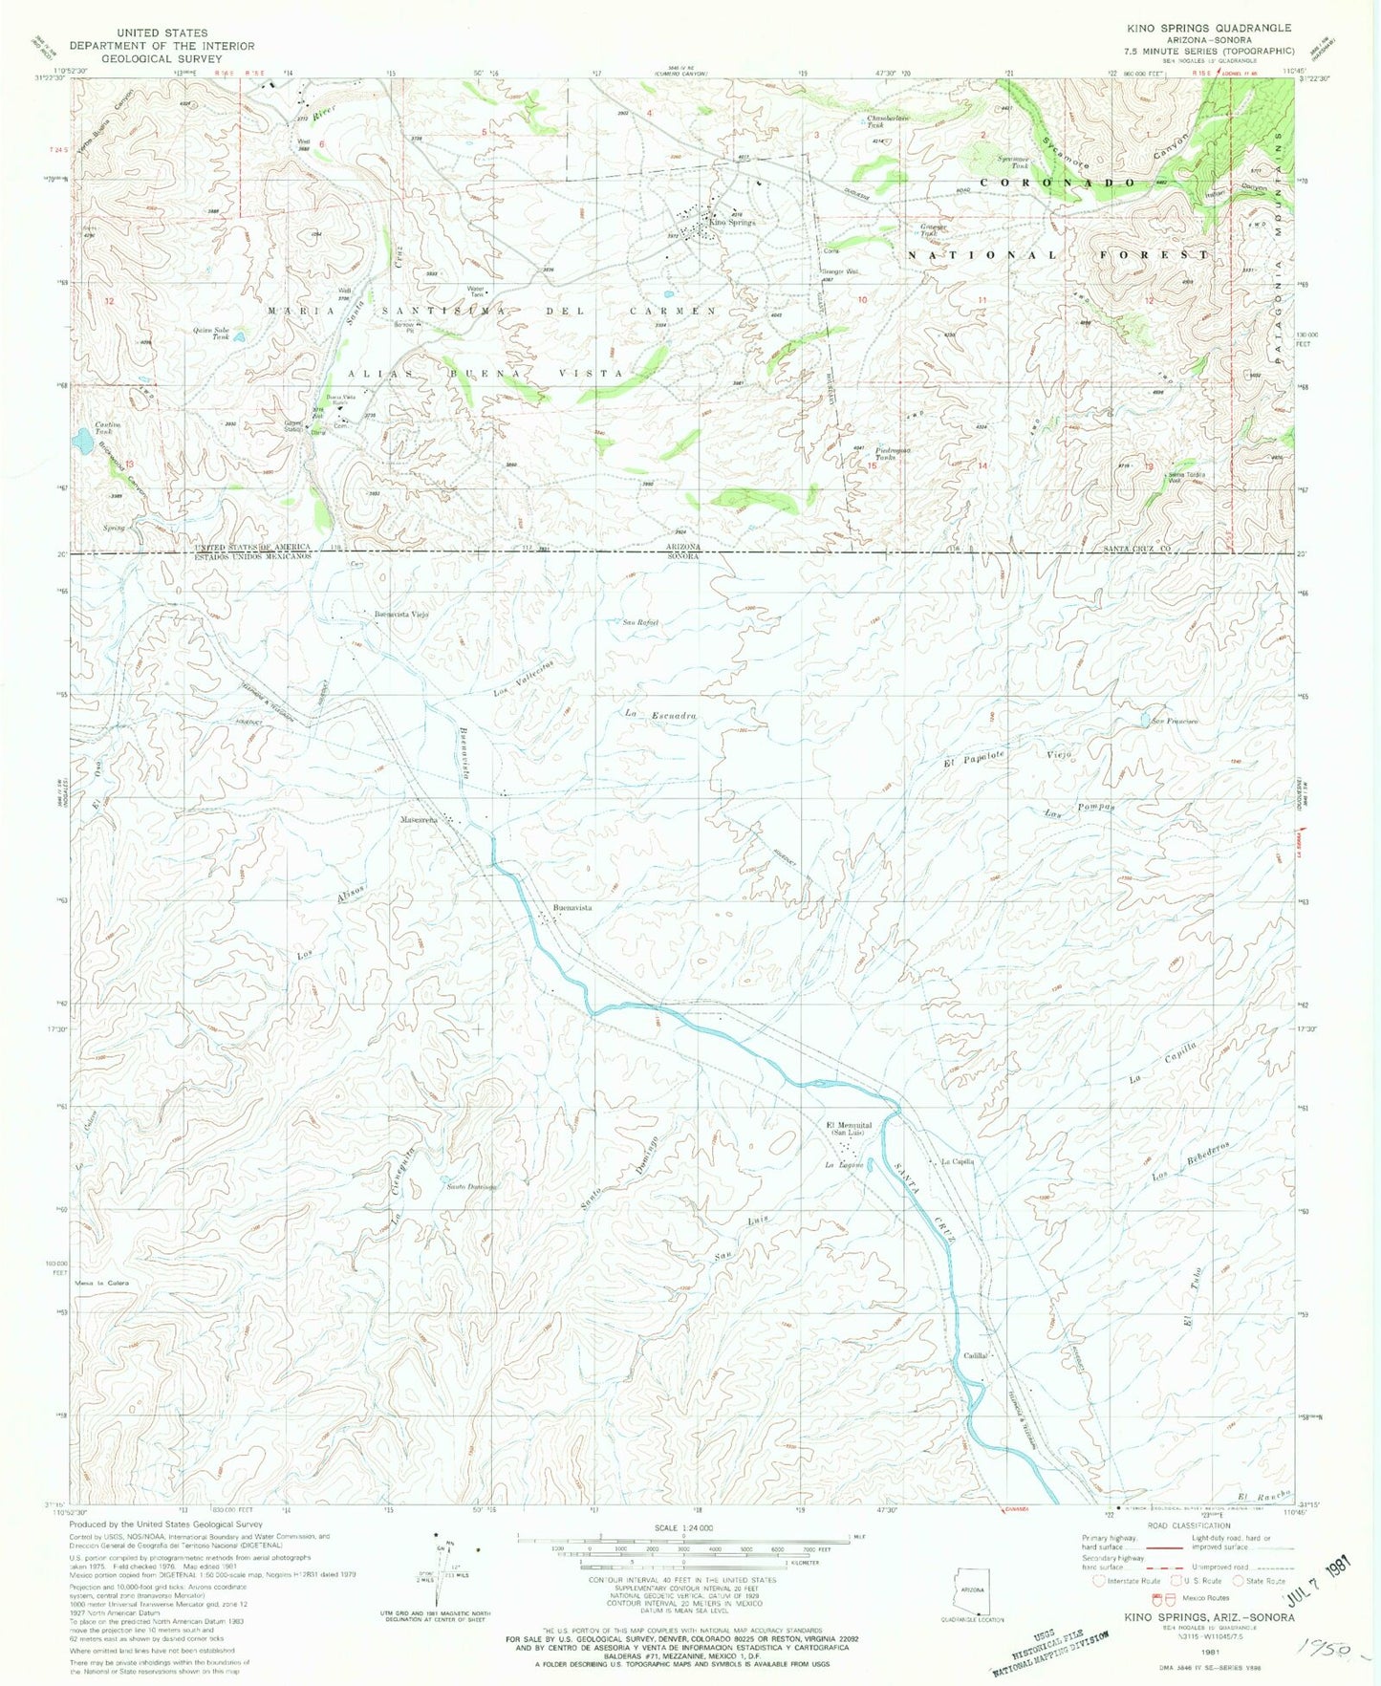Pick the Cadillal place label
pyautogui.click(x=976, y=1355)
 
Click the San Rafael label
pyautogui.click(x=641, y=623)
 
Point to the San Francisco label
pyautogui.click(x=1175, y=721)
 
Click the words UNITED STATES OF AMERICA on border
pyautogui.click(x=253, y=547)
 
